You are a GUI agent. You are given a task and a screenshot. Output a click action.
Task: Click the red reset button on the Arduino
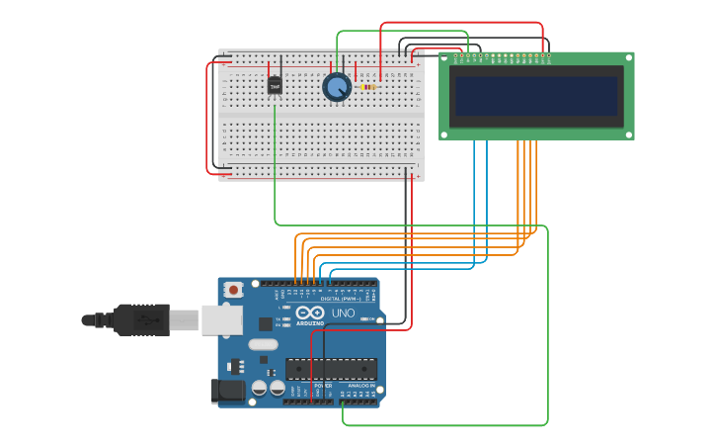pos(234,290)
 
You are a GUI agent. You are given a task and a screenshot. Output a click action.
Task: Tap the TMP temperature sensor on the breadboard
pos(275,86)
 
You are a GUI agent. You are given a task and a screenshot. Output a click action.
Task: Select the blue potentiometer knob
pos(337,87)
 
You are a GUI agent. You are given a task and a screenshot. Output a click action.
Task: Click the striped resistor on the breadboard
pos(367,87)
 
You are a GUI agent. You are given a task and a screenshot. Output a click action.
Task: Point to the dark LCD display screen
pos(536,97)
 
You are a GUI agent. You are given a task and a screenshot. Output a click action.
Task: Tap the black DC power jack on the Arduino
pos(229,392)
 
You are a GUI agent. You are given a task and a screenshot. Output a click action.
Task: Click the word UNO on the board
pos(343,313)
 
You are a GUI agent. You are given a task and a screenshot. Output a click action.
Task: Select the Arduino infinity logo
pos(309,313)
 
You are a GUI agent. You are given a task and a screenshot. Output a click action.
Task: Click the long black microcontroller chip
pos(331,369)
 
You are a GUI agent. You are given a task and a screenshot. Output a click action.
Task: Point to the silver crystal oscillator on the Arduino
pos(264,344)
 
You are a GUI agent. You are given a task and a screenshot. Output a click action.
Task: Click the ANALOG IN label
pos(361,386)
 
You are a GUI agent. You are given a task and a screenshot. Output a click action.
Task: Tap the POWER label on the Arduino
pos(322,386)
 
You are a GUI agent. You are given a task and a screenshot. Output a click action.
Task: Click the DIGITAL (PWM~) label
pos(337,298)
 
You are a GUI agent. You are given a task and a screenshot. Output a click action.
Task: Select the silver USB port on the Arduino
pos(222,319)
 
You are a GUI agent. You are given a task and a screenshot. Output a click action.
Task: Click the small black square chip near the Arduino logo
pos(266,323)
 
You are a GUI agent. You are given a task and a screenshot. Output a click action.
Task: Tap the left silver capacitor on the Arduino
pos(259,389)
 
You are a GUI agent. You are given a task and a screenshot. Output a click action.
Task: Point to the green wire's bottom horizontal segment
pos(444,425)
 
